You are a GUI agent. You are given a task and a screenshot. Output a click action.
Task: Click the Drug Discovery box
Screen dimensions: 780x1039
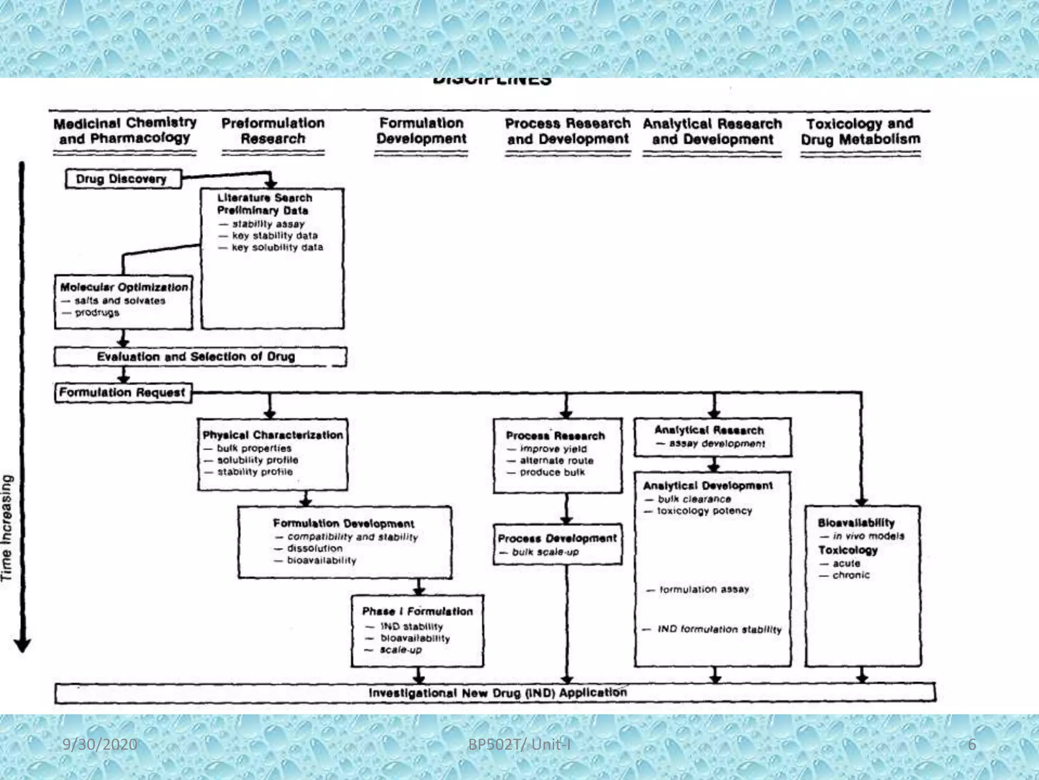coord(122,179)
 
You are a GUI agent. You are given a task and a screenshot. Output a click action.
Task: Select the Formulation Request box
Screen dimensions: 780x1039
coord(122,393)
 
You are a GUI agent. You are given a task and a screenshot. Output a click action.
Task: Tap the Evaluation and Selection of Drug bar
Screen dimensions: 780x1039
coord(196,356)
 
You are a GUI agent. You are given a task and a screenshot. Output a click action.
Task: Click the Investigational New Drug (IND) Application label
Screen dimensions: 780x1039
coord(497,693)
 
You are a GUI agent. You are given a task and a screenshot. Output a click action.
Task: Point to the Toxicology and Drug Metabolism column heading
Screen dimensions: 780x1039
coord(860,132)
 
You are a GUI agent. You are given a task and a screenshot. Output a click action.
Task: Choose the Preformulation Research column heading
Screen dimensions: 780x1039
coord(273,131)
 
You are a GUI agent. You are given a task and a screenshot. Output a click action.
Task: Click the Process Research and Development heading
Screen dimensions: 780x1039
coord(567,132)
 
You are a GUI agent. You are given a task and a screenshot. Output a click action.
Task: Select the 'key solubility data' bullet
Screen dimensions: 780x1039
coord(277,247)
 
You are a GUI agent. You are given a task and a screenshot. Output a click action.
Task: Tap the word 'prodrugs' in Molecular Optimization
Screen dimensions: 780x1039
coord(97,313)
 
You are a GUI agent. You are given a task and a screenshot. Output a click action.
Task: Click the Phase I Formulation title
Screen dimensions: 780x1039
coord(417,611)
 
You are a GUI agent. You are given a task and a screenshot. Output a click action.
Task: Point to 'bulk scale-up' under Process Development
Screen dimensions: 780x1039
coord(545,552)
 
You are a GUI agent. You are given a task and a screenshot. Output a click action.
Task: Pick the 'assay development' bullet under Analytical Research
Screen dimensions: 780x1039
coord(716,443)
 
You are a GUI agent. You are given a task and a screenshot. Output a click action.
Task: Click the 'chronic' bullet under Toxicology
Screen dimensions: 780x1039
coord(850,575)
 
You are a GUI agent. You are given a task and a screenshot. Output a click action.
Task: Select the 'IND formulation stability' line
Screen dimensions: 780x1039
coord(719,629)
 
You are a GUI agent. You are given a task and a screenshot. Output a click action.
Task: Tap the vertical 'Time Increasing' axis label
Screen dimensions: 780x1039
coord(7,528)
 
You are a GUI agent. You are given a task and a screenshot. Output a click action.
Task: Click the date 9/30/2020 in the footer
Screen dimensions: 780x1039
coord(99,744)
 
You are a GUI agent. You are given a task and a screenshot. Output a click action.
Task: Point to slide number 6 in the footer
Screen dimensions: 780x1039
coord(972,744)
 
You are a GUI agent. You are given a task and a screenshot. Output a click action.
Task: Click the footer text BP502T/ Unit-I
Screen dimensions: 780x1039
coord(519,744)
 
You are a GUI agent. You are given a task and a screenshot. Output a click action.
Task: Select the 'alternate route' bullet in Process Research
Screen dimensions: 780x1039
coord(556,461)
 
